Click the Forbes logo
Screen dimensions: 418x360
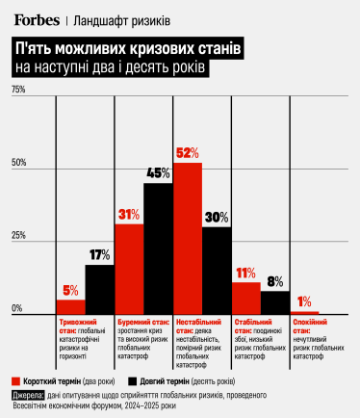tap(38, 18)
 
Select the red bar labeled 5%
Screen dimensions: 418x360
tap(71, 306)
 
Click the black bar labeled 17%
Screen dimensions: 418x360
tap(100, 289)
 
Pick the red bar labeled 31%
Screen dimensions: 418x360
tap(130, 269)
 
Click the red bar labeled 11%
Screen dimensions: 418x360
tap(246, 298)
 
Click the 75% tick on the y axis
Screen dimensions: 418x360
tap(18, 90)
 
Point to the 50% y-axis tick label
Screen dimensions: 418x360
tap(18, 163)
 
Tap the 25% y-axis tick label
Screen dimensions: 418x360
tap(18, 236)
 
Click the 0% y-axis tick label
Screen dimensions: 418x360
tap(16, 308)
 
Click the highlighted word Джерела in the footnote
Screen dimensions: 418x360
tap(29, 395)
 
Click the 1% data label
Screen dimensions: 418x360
tap(304, 300)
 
